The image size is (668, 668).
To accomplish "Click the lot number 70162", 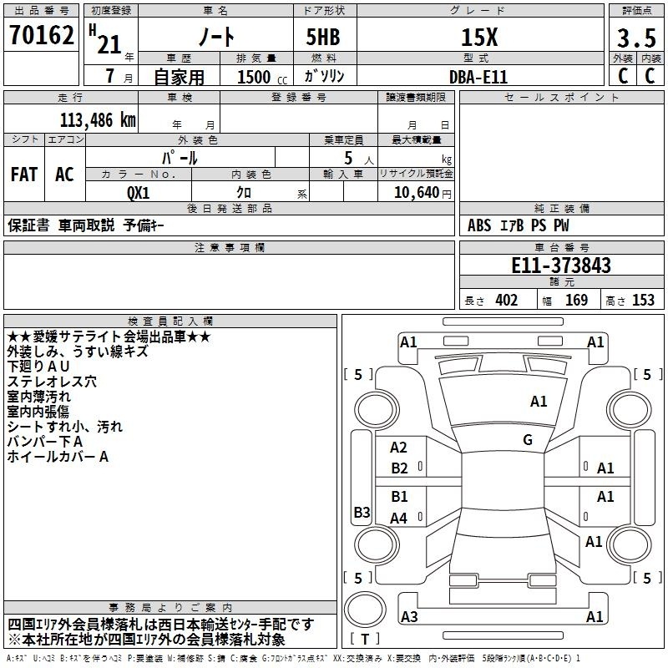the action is (x=41, y=35).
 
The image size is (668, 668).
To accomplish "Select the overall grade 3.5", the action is (x=636, y=38).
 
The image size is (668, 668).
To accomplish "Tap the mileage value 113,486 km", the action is (x=98, y=120).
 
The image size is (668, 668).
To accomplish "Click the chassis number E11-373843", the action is (x=561, y=266).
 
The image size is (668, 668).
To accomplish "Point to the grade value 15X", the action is (x=479, y=37).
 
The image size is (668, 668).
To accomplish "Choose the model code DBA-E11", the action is (x=478, y=77).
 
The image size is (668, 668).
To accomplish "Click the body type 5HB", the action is (x=323, y=37).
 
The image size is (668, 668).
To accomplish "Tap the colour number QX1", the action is (x=139, y=193).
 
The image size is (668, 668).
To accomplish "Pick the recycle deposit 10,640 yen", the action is (x=423, y=193).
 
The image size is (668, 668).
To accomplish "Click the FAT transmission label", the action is (x=24, y=175).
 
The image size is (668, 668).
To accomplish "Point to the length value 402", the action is (x=507, y=301).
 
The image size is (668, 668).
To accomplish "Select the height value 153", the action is (x=643, y=301).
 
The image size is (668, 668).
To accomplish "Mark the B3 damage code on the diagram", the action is (x=362, y=512).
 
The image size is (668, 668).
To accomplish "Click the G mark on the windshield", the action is (x=528, y=440).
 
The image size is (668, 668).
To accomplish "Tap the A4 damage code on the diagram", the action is (x=399, y=518).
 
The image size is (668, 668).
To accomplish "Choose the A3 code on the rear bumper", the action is (x=409, y=616).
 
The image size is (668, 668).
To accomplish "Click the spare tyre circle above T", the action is (x=365, y=610).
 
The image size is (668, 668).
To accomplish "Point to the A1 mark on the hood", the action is (x=539, y=402).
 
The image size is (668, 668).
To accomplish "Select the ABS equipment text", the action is (x=479, y=225).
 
